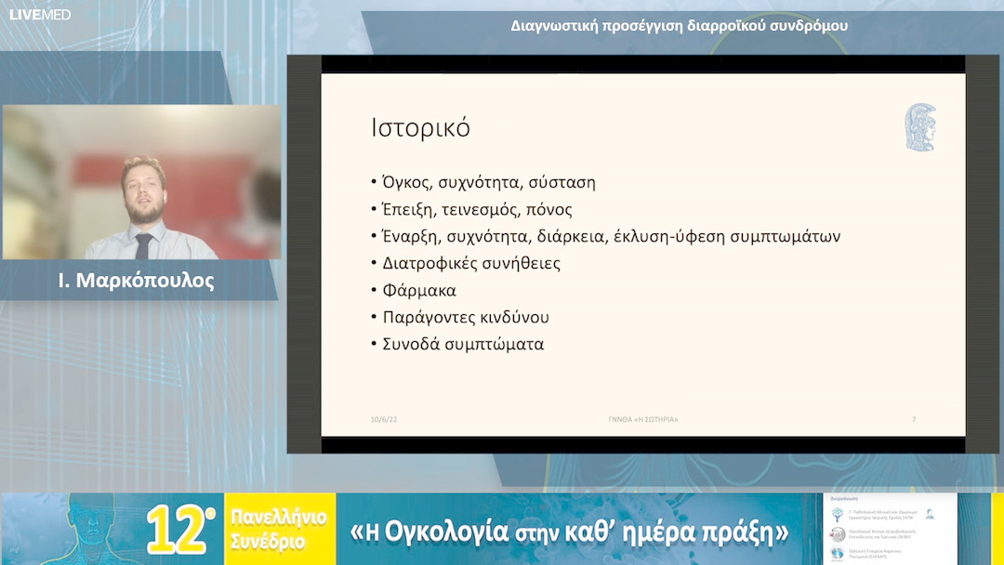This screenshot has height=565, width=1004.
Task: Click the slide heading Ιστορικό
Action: (x=420, y=128)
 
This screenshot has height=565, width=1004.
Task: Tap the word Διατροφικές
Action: (x=429, y=263)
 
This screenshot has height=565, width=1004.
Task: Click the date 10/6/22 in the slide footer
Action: (x=384, y=420)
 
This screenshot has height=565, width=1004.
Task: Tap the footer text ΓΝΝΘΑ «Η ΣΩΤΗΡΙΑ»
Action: (x=637, y=420)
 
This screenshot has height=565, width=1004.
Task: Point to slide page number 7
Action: (x=914, y=420)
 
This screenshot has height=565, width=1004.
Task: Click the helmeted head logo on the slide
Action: (x=920, y=127)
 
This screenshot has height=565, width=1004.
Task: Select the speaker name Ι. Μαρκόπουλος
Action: (x=136, y=281)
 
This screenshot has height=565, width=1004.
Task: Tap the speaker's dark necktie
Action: (x=143, y=245)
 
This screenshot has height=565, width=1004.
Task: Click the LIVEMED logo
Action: (x=40, y=15)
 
